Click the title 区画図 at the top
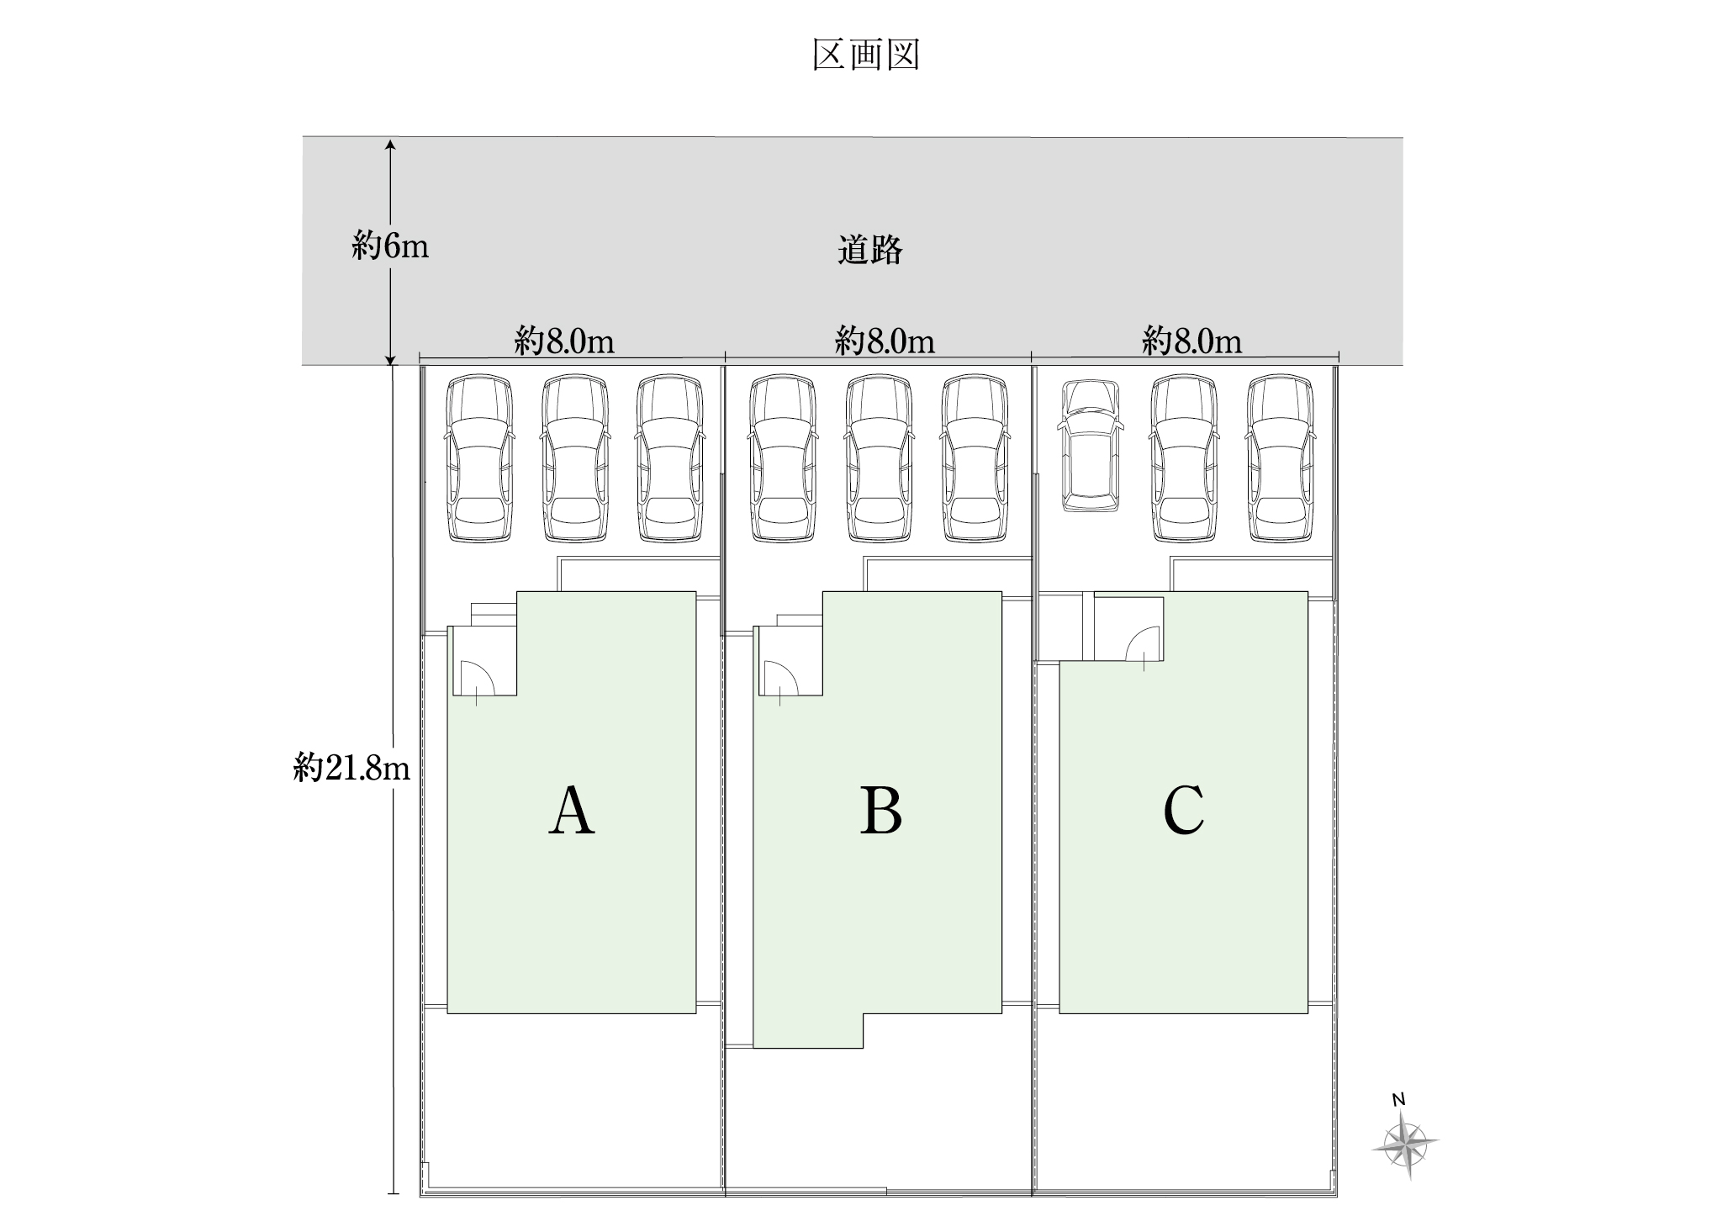tap(866, 56)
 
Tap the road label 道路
tap(869, 251)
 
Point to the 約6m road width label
tap(390, 246)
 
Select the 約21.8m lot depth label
tap(351, 767)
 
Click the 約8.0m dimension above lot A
tap(565, 341)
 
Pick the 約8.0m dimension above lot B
tap(885, 341)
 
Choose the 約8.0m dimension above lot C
tap(1191, 341)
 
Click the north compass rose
tap(1405, 1143)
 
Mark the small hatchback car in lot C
tap(1089, 446)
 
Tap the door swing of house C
tap(1144, 643)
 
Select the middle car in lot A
tap(574, 458)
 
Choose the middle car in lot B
tap(879, 458)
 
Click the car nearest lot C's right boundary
tap(1281, 458)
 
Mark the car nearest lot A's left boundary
tap(479, 458)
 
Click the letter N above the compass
tap(1398, 1099)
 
